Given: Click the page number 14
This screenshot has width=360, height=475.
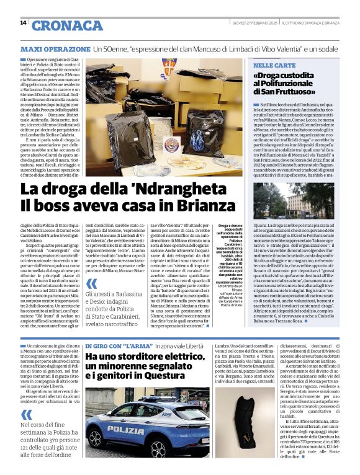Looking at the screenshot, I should tap(24, 22).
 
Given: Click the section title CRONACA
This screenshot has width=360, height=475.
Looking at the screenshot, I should tap(68, 25).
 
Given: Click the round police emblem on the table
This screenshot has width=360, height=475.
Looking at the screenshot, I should tap(172, 143).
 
